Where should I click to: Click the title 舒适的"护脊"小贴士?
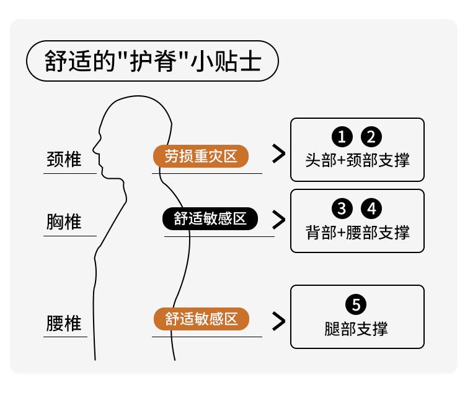pyautogui.click(x=152, y=61)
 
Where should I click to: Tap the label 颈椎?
pyautogui.click(x=64, y=159)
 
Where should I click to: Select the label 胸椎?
pyautogui.click(x=64, y=222)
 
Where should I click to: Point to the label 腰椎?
pyautogui.click(x=64, y=323)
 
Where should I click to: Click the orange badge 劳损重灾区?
pyautogui.click(x=201, y=156)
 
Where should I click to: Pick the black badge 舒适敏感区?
pyautogui.click(x=210, y=218)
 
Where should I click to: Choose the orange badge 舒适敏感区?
pyautogui.click(x=201, y=319)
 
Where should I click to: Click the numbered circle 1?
pyautogui.click(x=342, y=137)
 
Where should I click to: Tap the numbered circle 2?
pyautogui.click(x=372, y=137)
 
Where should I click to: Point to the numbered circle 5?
pyautogui.click(x=357, y=305)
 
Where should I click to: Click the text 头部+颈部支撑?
pyautogui.click(x=357, y=160)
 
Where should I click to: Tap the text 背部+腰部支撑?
pyautogui.click(x=357, y=232)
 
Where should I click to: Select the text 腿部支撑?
pyautogui.click(x=357, y=328)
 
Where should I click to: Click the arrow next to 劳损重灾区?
pyautogui.click(x=279, y=155)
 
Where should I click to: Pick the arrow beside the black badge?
pyautogui.click(x=279, y=219)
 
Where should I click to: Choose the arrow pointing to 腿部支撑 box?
pyautogui.click(x=279, y=320)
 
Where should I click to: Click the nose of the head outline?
pyautogui.click(x=95, y=148)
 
